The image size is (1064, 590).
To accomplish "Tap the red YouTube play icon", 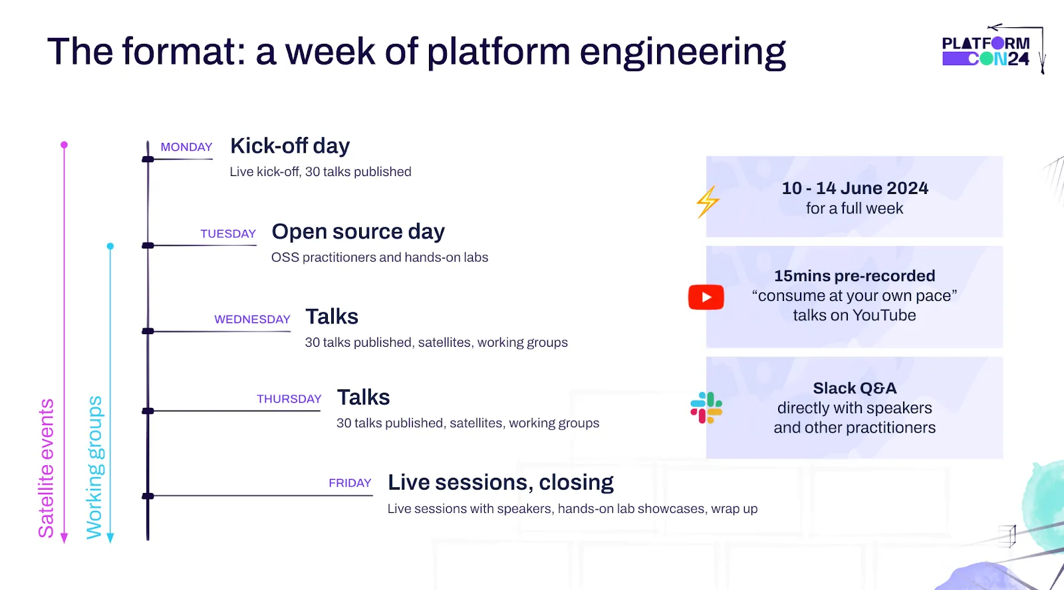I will pos(706,297).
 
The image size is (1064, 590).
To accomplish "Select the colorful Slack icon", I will pos(706,408).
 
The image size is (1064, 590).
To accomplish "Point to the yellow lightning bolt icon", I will pos(708,202).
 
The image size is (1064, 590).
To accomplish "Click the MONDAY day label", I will pos(186,147).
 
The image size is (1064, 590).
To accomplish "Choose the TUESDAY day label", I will pos(228,234).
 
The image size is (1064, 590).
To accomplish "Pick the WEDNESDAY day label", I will pos(252,320).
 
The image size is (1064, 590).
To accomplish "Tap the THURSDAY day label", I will pos(289,399).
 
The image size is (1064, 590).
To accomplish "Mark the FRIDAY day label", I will pos(350,483).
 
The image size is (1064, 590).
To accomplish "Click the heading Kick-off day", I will pos(290,146).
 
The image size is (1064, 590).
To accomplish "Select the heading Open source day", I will pos(358,231).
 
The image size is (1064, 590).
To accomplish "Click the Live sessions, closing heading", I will pos(500,482).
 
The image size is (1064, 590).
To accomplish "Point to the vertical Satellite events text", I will pos(46,468).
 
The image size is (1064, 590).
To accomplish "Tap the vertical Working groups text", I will pos(94,468).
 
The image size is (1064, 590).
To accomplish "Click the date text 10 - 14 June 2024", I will pos(855,188).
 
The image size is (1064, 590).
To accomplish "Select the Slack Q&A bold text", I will pos(855,388).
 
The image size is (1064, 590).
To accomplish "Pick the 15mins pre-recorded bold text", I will pos(855,276).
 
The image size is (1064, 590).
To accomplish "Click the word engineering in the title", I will pos(682,52).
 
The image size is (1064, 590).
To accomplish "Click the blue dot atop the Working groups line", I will pos(110,246).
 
